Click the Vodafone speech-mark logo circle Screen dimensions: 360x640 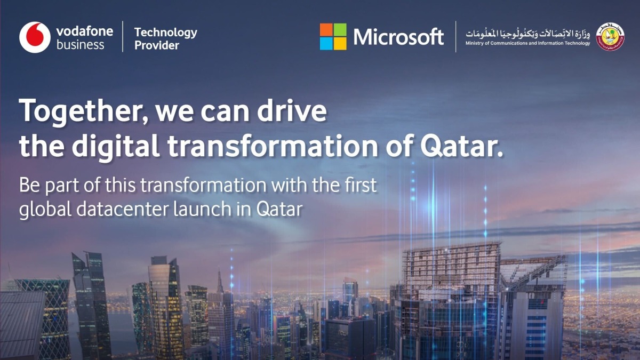coord(35,37)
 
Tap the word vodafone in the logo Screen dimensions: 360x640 coord(84,31)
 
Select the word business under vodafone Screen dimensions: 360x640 coord(81,45)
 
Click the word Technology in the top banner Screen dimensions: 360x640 coord(165,32)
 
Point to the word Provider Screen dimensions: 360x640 coord(157,46)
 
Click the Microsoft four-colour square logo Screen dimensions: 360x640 coord(333,37)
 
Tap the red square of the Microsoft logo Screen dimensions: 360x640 coord(326,30)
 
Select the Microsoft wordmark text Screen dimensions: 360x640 coord(398,37)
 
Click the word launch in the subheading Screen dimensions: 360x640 coord(202,209)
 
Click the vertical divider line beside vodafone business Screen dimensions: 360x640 coord(123,37)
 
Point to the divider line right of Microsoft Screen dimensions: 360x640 coord(455,37)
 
